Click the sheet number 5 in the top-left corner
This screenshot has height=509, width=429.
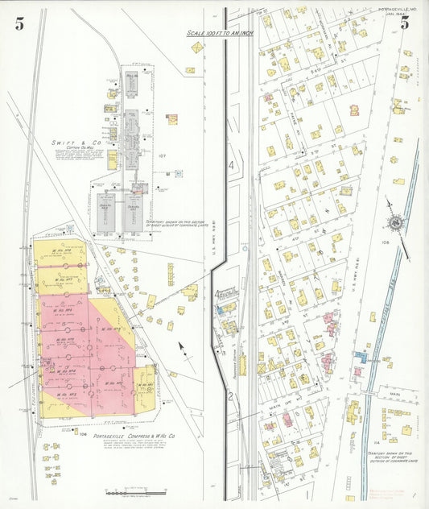[x=19, y=23]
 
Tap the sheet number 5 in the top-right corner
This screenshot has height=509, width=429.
[x=405, y=23]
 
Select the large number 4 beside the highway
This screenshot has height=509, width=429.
[x=229, y=165]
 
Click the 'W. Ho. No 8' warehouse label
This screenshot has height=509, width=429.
[x=60, y=250]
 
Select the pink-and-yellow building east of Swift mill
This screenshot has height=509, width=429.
[x=171, y=119]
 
